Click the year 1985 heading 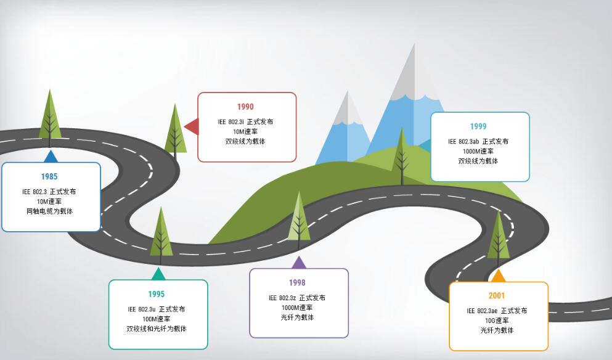coord(49,177)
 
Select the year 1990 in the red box coord(245,107)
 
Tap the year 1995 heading coord(157,294)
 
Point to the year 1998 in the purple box coord(297,283)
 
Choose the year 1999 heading coord(478,126)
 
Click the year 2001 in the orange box coord(497,296)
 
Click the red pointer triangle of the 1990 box coord(192,127)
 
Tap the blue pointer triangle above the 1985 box coord(51,157)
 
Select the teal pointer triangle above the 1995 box coord(158,274)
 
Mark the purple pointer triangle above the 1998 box coord(299,263)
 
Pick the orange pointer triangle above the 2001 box coord(498,276)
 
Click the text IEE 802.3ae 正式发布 coord(497,311)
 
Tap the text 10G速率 coord(497,321)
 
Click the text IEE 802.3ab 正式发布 coord(478,141)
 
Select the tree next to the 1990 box coord(176,129)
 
